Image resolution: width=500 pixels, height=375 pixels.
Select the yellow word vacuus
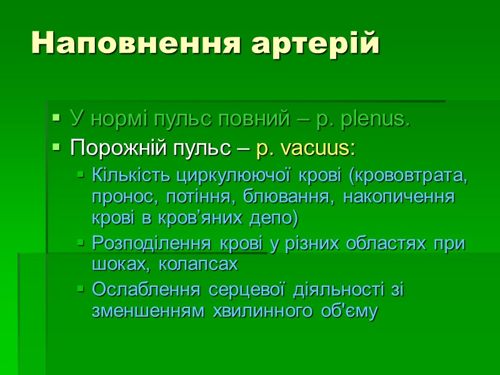pos(318,149)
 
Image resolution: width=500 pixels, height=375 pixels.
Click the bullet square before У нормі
pos(56,117)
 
